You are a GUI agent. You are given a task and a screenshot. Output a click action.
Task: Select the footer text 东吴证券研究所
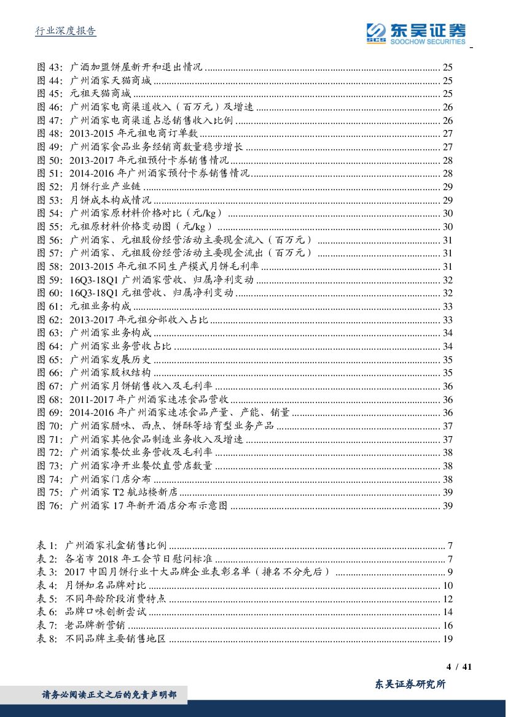pyautogui.click(x=410, y=684)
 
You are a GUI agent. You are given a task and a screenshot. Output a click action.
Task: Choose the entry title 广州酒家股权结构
pyautogui.click(x=111, y=373)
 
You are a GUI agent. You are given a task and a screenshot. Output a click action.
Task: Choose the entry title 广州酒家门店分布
pyautogui.click(x=111, y=479)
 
